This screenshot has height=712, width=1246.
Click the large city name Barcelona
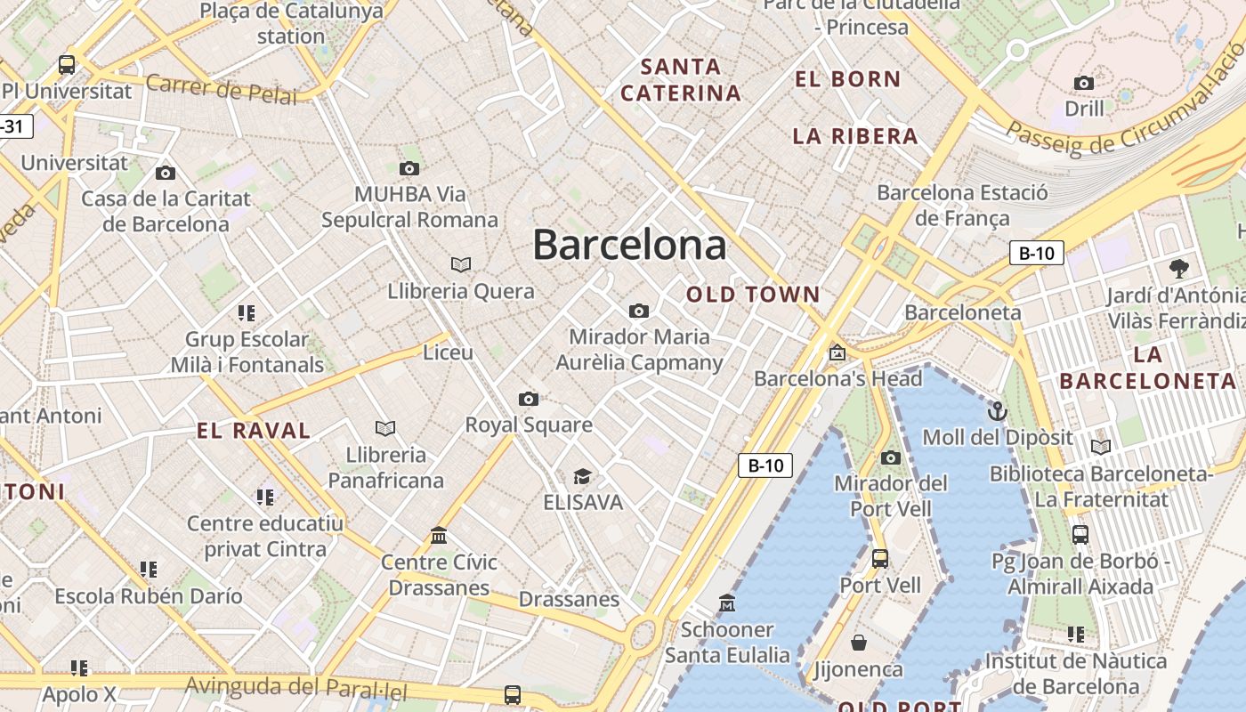point(629,245)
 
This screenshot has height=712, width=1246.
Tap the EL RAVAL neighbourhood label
point(254,431)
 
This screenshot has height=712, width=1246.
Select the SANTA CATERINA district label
point(681,79)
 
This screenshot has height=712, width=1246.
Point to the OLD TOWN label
point(754,294)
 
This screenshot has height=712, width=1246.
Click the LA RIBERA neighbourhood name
point(855,136)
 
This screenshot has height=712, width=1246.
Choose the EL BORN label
point(848,79)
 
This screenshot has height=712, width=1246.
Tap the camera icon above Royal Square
point(529,399)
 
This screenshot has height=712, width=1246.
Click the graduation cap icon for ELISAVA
point(582,477)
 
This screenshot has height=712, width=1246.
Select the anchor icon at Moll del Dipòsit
point(998,411)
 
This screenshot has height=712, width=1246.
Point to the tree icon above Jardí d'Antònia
point(1179,268)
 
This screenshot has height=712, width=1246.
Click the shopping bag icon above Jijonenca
point(859,643)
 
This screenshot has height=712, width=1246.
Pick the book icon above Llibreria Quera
point(461,264)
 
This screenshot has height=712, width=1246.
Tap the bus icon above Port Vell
point(880,559)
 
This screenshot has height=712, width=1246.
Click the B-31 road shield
point(12,126)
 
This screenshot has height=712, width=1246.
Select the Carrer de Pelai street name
point(221,89)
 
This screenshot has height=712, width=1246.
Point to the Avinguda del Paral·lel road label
point(295,688)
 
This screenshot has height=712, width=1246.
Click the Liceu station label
point(448,352)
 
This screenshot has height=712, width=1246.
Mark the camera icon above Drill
point(1084,84)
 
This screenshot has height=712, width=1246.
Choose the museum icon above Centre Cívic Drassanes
point(439,536)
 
